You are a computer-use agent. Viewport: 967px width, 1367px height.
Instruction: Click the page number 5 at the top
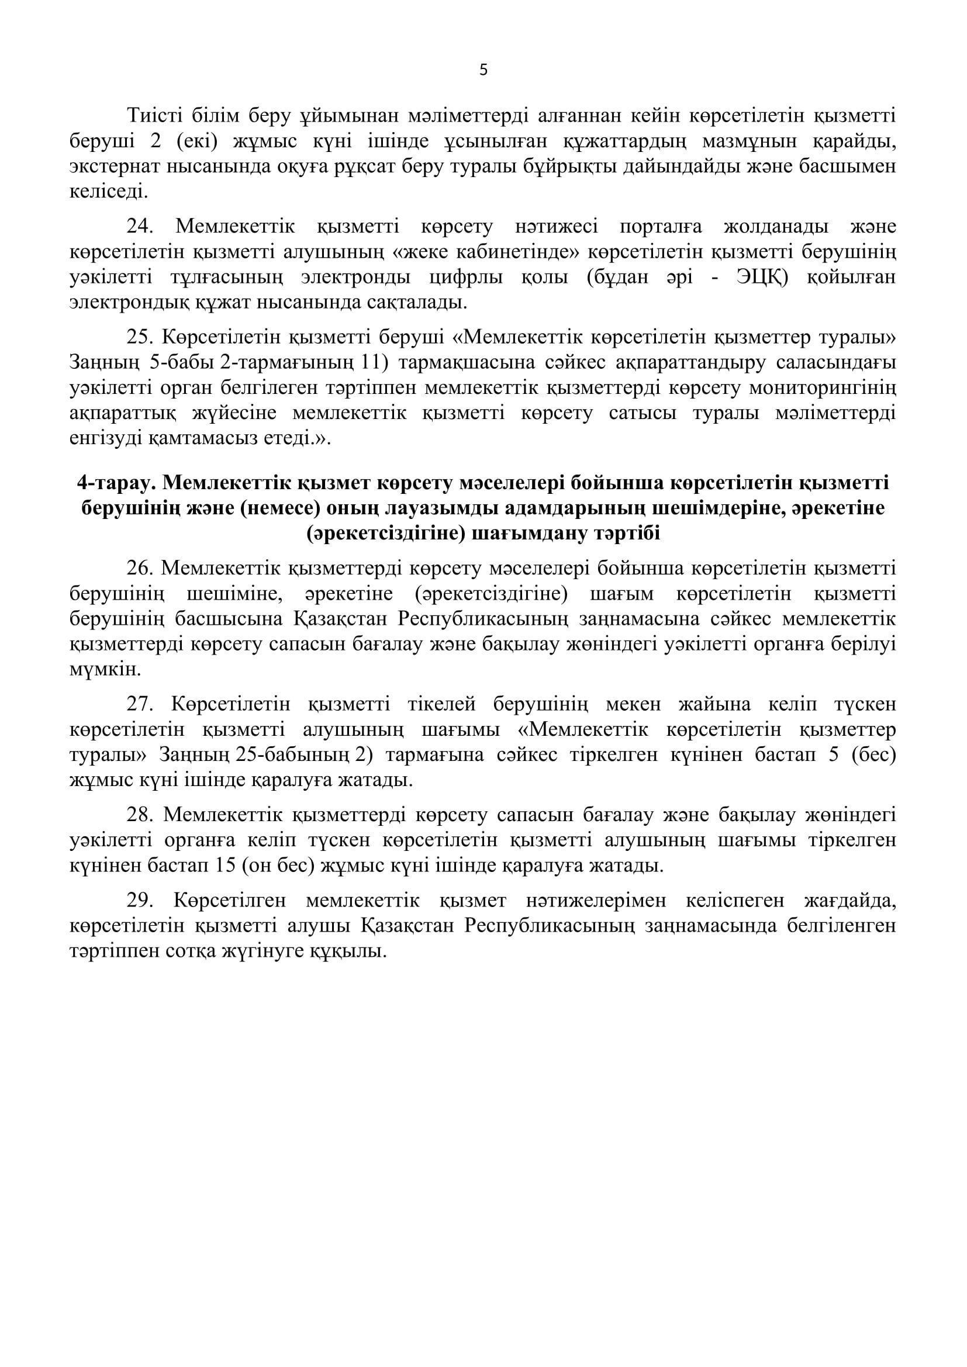pyautogui.click(x=483, y=70)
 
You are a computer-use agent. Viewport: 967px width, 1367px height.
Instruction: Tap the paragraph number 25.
pyautogui.click(x=140, y=337)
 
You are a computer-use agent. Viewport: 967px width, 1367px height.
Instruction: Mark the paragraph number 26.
pyautogui.click(x=140, y=569)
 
